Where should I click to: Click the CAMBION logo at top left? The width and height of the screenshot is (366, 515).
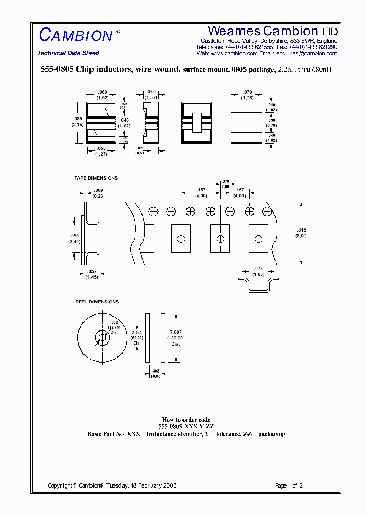pyautogui.click(x=76, y=35)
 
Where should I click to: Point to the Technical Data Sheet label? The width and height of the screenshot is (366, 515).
pyautogui.click(x=68, y=53)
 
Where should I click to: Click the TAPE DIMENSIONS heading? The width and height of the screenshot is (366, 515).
pyautogui.click(x=96, y=178)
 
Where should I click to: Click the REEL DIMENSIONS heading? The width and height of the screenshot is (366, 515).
pyautogui.click(x=97, y=302)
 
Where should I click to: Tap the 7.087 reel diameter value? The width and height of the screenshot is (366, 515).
pyautogui.click(x=176, y=332)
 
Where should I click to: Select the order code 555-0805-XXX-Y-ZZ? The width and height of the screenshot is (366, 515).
pyautogui.click(x=186, y=427)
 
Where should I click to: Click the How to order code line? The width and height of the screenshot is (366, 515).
pyautogui.click(x=186, y=420)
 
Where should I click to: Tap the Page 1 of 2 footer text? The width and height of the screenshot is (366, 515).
pyautogui.click(x=289, y=485)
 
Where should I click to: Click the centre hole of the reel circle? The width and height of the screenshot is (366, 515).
pyautogui.click(x=103, y=337)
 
